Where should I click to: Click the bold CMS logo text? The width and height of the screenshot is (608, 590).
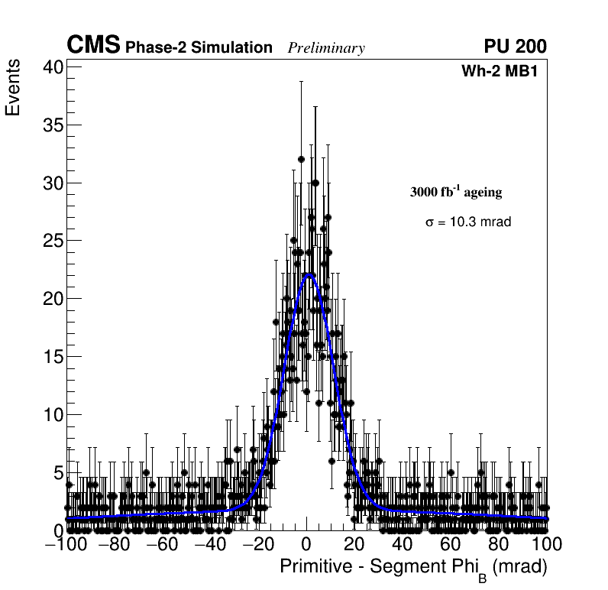[x=93, y=46]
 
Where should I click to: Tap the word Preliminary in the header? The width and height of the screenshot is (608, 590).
[x=326, y=49]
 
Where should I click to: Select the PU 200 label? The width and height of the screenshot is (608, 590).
[x=515, y=47]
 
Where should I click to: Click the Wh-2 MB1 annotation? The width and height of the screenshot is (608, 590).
[x=504, y=72]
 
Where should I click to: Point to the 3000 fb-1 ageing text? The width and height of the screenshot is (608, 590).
[x=456, y=192]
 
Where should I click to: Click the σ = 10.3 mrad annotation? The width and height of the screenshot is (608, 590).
[x=467, y=222]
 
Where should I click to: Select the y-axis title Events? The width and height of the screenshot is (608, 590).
[x=13, y=90]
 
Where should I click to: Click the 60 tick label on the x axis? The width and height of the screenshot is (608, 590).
[x=451, y=544]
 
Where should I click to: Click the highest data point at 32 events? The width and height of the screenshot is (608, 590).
[x=301, y=159]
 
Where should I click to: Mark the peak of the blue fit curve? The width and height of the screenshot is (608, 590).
[x=308, y=274]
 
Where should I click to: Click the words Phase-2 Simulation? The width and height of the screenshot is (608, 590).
[x=199, y=48]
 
